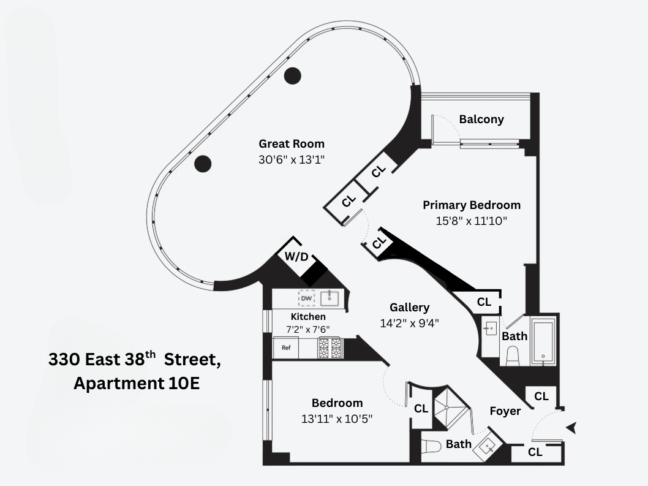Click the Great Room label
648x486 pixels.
pyautogui.click(x=291, y=144)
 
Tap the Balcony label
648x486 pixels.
pyautogui.click(x=481, y=119)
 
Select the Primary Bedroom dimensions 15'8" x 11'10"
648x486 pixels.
pyautogui.click(x=472, y=221)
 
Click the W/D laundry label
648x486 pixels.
pyautogui.click(x=296, y=257)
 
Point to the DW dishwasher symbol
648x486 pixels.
pyautogui.click(x=306, y=298)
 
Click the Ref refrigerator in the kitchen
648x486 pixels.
pyautogui.click(x=286, y=347)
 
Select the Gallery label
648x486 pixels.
pyautogui.click(x=410, y=307)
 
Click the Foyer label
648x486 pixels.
pyautogui.click(x=505, y=411)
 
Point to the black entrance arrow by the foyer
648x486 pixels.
pyautogui.click(x=571, y=428)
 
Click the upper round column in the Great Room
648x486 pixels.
pyautogui.click(x=293, y=76)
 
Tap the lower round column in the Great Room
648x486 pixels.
pyautogui.click(x=203, y=164)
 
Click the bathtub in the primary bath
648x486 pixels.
pyautogui.click(x=543, y=341)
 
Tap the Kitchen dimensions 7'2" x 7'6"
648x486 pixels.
pyautogui.click(x=308, y=328)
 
